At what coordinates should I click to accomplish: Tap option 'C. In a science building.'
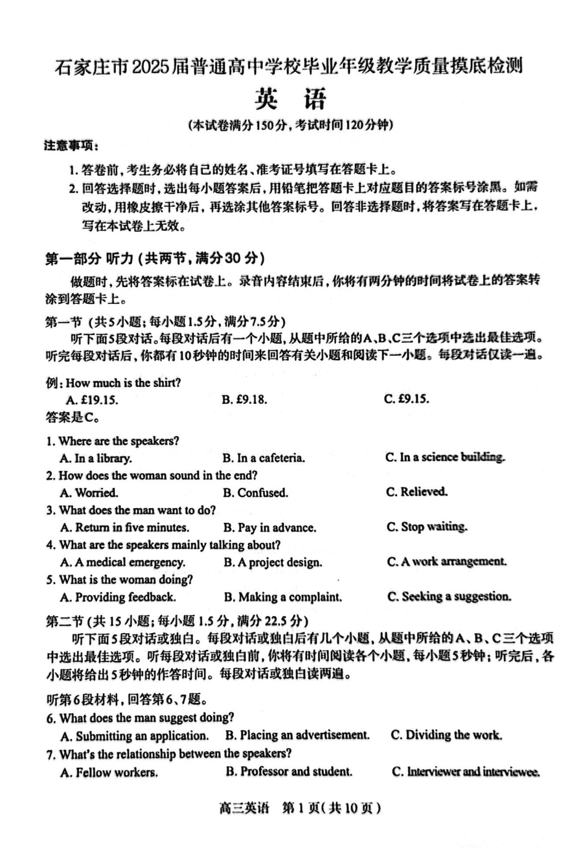pos(445,457)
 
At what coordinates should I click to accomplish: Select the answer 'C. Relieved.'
pos(417,492)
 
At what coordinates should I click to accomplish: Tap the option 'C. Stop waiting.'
pos(427,527)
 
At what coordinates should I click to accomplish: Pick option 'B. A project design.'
pos(273,562)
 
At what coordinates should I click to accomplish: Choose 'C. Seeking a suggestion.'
pos(449,596)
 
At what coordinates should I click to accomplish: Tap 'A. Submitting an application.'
pos(135,735)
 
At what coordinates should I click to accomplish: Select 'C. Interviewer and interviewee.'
pos(466,771)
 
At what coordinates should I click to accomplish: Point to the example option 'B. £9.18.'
pos(244,399)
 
